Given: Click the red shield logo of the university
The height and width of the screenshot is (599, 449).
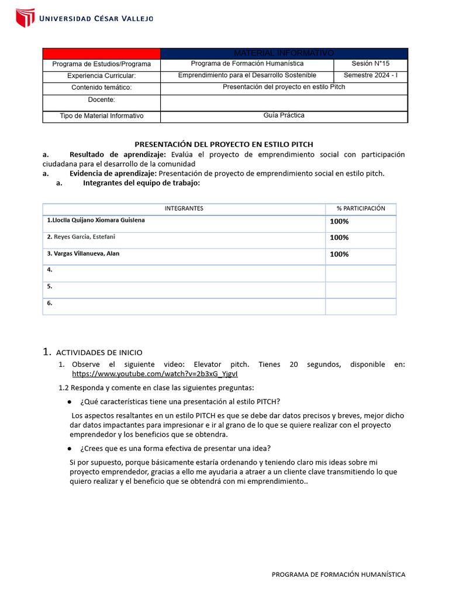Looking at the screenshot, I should pos(25,18).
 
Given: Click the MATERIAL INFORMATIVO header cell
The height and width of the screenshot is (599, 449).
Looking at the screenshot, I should pos(284,53).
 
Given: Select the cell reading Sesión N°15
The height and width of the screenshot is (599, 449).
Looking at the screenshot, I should pos(370,64).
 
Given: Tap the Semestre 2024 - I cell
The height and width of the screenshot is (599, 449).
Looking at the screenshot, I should pos(370,75).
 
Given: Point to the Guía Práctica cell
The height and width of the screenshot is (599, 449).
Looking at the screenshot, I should pos(284,116).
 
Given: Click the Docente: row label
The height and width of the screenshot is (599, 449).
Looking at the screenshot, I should pos(101,100).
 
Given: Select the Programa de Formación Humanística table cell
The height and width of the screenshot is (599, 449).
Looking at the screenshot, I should pos(247,64).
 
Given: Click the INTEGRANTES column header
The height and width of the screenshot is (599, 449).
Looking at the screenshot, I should pos(184,208).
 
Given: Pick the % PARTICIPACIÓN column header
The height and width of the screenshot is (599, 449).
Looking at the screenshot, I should pos(361,208).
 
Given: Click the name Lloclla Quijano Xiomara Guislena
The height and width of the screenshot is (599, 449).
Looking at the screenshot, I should pos(96,220).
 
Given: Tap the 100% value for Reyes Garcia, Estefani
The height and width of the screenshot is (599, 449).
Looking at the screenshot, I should pos(339,237).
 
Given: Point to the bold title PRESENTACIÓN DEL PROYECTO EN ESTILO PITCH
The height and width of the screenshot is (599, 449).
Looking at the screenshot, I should pos(224,144).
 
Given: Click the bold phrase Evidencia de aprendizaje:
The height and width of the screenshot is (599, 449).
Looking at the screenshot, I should pos(113,173).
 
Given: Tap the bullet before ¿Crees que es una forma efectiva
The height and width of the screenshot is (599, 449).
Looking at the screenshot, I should pos(70,449).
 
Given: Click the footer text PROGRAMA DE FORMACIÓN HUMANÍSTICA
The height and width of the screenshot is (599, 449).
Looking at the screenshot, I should pos(338,574).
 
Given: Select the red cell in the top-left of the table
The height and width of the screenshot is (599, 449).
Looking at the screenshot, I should pos(101,53).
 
